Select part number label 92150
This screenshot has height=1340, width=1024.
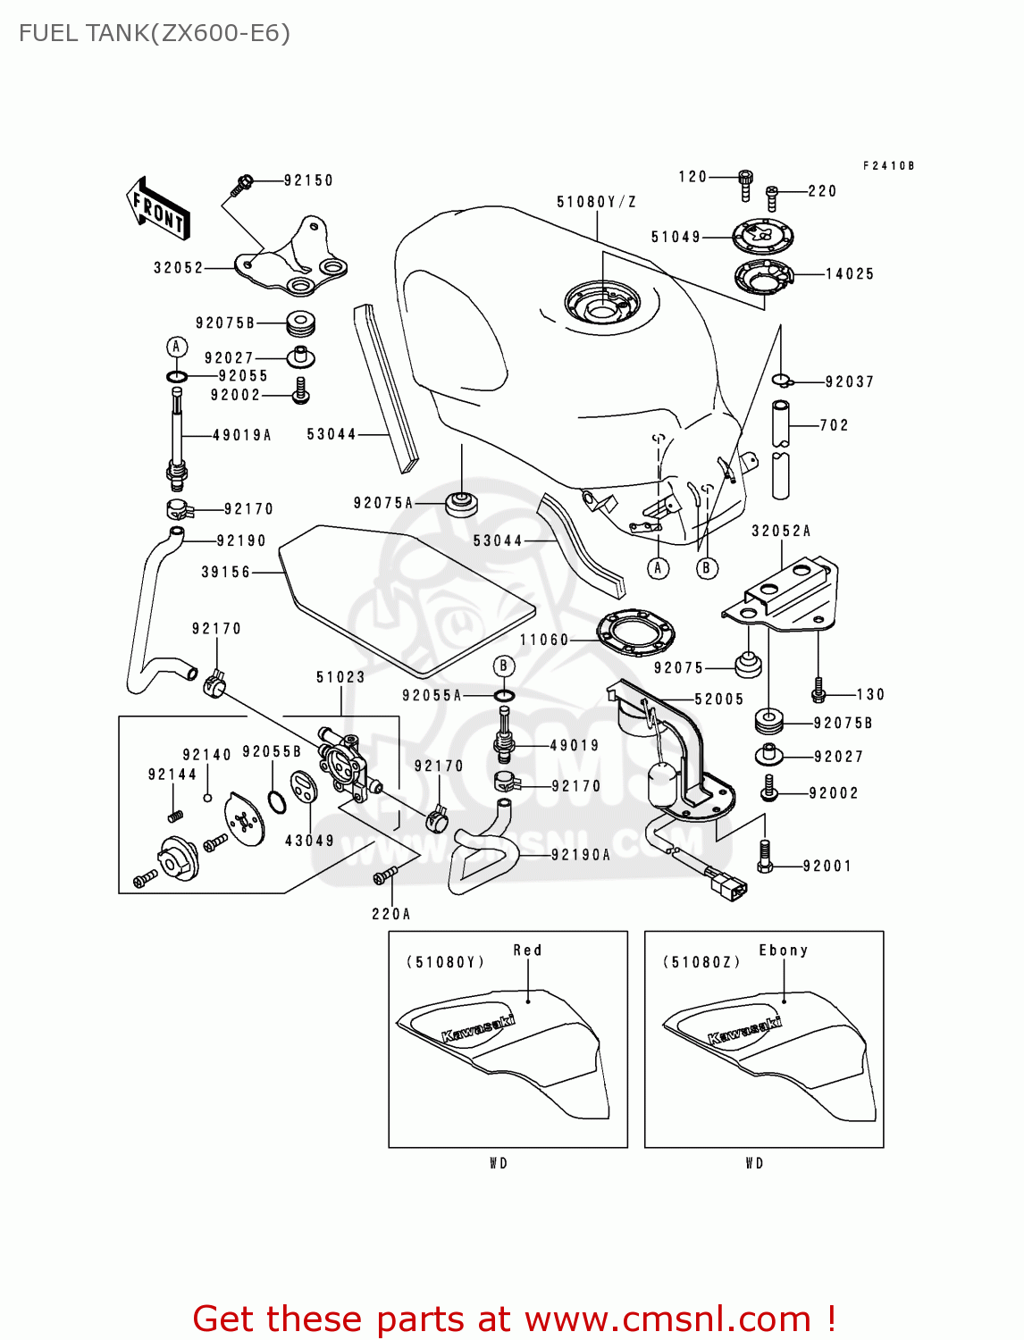[308, 180]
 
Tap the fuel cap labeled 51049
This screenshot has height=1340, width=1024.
[762, 238]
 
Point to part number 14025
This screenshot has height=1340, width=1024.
[849, 274]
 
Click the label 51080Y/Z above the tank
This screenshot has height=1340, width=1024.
[596, 202]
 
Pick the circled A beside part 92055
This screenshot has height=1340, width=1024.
[176, 347]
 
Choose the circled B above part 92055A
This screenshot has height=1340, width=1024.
[504, 666]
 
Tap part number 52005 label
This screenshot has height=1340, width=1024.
[719, 699]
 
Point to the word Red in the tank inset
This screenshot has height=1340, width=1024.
[527, 951]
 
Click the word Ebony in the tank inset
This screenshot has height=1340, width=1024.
[783, 951]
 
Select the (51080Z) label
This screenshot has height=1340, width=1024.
[701, 962]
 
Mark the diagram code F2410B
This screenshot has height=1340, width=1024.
[888, 166]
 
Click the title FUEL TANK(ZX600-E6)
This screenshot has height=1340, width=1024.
[155, 33]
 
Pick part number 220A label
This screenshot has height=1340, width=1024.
[391, 914]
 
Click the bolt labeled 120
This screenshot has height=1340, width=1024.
[745, 185]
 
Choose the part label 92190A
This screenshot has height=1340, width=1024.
[581, 855]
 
